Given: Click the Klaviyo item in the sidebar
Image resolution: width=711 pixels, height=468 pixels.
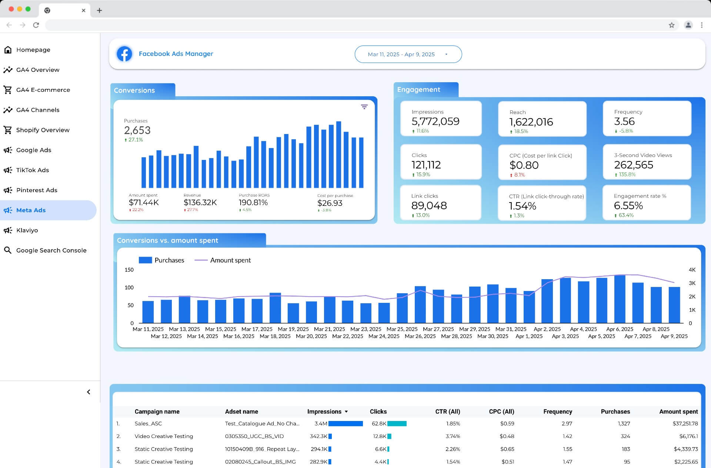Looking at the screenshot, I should coord(27,230).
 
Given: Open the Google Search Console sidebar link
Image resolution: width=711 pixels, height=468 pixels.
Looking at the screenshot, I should coord(51,250).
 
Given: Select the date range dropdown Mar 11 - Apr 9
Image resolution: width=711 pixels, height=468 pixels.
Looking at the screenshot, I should coord(408,54).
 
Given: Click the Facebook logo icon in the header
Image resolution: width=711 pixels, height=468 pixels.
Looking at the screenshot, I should coord(124,54).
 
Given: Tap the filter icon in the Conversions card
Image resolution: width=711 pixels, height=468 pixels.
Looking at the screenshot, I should coord(364,107).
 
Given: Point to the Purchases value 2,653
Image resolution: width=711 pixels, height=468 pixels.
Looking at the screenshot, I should coord(137,130).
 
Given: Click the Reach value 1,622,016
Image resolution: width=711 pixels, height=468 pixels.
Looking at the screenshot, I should coord(531,122).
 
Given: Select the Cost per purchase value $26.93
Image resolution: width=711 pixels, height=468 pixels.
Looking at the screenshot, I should coord(330,203).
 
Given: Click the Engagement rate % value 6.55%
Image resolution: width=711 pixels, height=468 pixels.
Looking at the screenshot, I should coord(628,205).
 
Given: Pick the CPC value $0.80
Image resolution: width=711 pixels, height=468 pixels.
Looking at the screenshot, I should coord(524,165).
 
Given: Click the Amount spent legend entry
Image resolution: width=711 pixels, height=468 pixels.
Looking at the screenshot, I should coord(223,260).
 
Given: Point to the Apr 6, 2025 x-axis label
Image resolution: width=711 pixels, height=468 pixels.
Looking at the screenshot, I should coord(620,329).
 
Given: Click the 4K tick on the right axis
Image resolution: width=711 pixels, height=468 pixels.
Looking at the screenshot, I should coord(692,270).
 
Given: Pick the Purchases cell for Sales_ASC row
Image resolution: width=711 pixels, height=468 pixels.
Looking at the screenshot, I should coord(624,423).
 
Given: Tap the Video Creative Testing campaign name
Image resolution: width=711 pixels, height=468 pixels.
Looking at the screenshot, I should coord(164,436).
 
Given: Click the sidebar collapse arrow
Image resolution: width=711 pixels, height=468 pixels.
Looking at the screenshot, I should coord(89,392).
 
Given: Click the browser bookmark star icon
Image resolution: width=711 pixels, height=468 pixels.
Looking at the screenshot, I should coord(671,25).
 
